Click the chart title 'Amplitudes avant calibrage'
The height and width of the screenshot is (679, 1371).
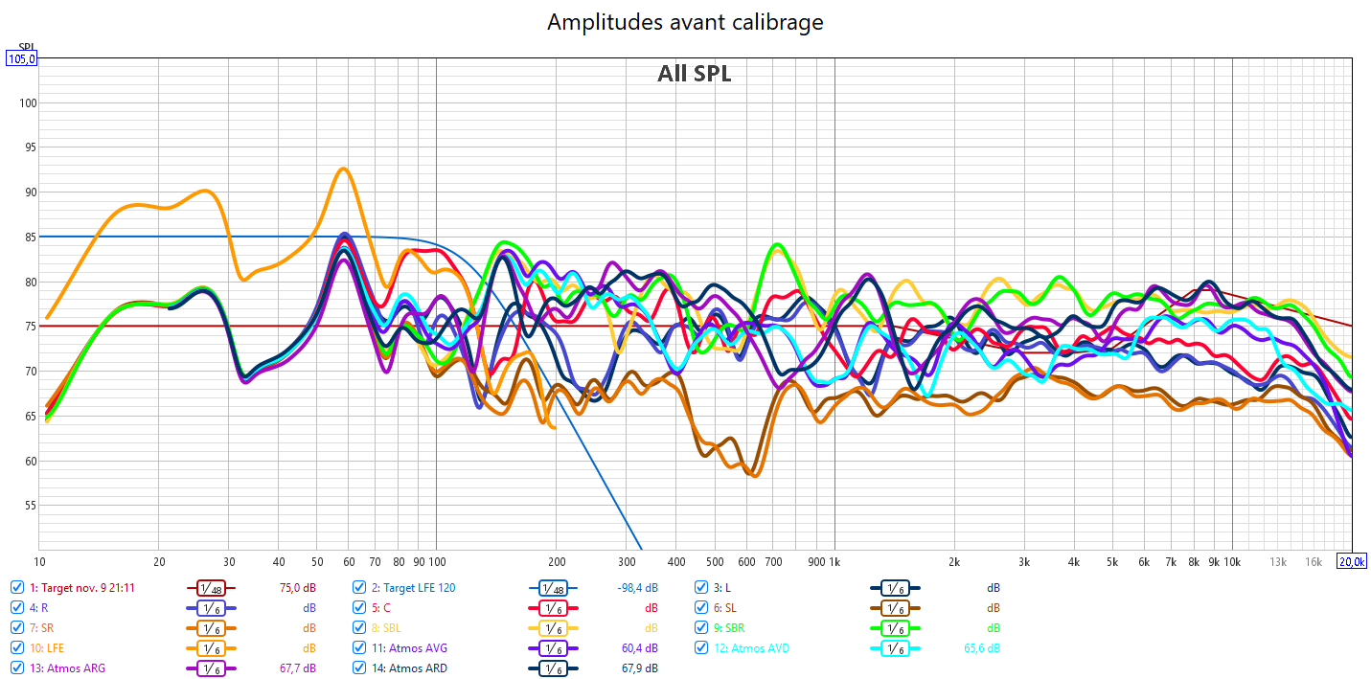click(x=685, y=22)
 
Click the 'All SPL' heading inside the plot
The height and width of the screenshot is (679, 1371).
click(x=694, y=74)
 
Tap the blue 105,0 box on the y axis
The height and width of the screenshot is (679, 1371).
click(x=22, y=59)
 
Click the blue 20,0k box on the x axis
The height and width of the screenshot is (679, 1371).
click(x=1351, y=561)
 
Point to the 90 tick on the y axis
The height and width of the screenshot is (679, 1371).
click(x=27, y=192)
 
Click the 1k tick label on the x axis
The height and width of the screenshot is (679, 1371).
click(x=834, y=562)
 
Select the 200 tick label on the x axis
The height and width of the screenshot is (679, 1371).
click(x=556, y=562)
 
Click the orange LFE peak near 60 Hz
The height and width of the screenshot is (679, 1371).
click(x=343, y=170)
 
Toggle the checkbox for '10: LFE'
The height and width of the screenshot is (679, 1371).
click(x=17, y=648)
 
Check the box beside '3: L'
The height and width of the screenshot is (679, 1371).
click(x=702, y=587)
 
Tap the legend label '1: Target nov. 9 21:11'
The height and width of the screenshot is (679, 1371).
click(x=81, y=587)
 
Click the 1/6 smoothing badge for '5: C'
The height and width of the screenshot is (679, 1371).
click(x=553, y=608)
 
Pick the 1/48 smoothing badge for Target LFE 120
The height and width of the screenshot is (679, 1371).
click(x=553, y=587)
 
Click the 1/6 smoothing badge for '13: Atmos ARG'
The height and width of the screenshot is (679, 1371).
click(x=211, y=668)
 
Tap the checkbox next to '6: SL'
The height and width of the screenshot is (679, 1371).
click(x=702, y=608)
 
